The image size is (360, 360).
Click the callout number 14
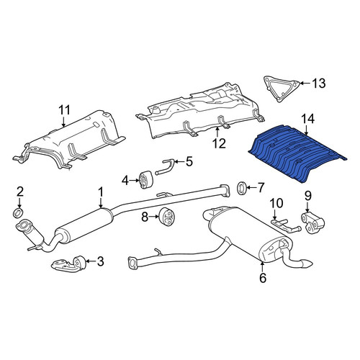point(307,119)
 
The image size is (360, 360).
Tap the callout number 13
point(319,84)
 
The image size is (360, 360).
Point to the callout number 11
point(64,110)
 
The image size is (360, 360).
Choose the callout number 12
point(219,143)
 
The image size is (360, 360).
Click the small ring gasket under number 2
point(18,213)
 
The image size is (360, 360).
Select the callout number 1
point(101,192)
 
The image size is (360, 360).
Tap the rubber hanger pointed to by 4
point(145,180)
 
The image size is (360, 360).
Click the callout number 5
point(189,161)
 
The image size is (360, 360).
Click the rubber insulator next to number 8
point(167,217)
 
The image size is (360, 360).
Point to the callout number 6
point(263,278)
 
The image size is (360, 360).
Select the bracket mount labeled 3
point(68,264)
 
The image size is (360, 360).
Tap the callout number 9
point(308,196)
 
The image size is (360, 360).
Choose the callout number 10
point(276,203)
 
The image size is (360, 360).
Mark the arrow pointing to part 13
point(305,84)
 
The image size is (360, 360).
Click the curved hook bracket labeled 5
point(166,166)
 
